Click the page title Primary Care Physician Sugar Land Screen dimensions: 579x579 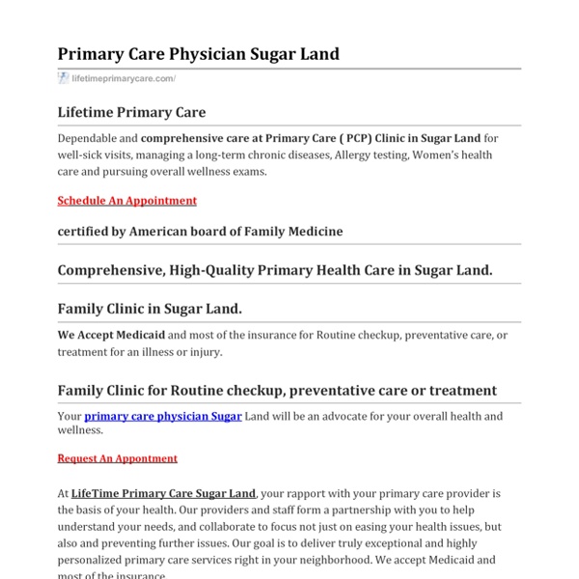pyautogui.click(x=198, y=54)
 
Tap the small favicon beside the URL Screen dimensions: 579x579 pyautogui.click(x=63, y=79)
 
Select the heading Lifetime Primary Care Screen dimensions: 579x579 pyautogui.click(x=131, y=113)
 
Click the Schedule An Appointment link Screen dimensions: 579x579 pyautogui.click(x=126, y=201)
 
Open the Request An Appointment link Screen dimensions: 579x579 pyautogui.click(x=117, y=458)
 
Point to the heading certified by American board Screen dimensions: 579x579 pyautogui.click(x=200, y=232)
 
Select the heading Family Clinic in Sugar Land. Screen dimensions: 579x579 pyautogui.click(x=150, y=309)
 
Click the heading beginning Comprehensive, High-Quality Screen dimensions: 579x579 pyautogui.click(x=275, y=270)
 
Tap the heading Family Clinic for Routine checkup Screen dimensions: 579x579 pyautogui.click(x=277, y=391)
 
